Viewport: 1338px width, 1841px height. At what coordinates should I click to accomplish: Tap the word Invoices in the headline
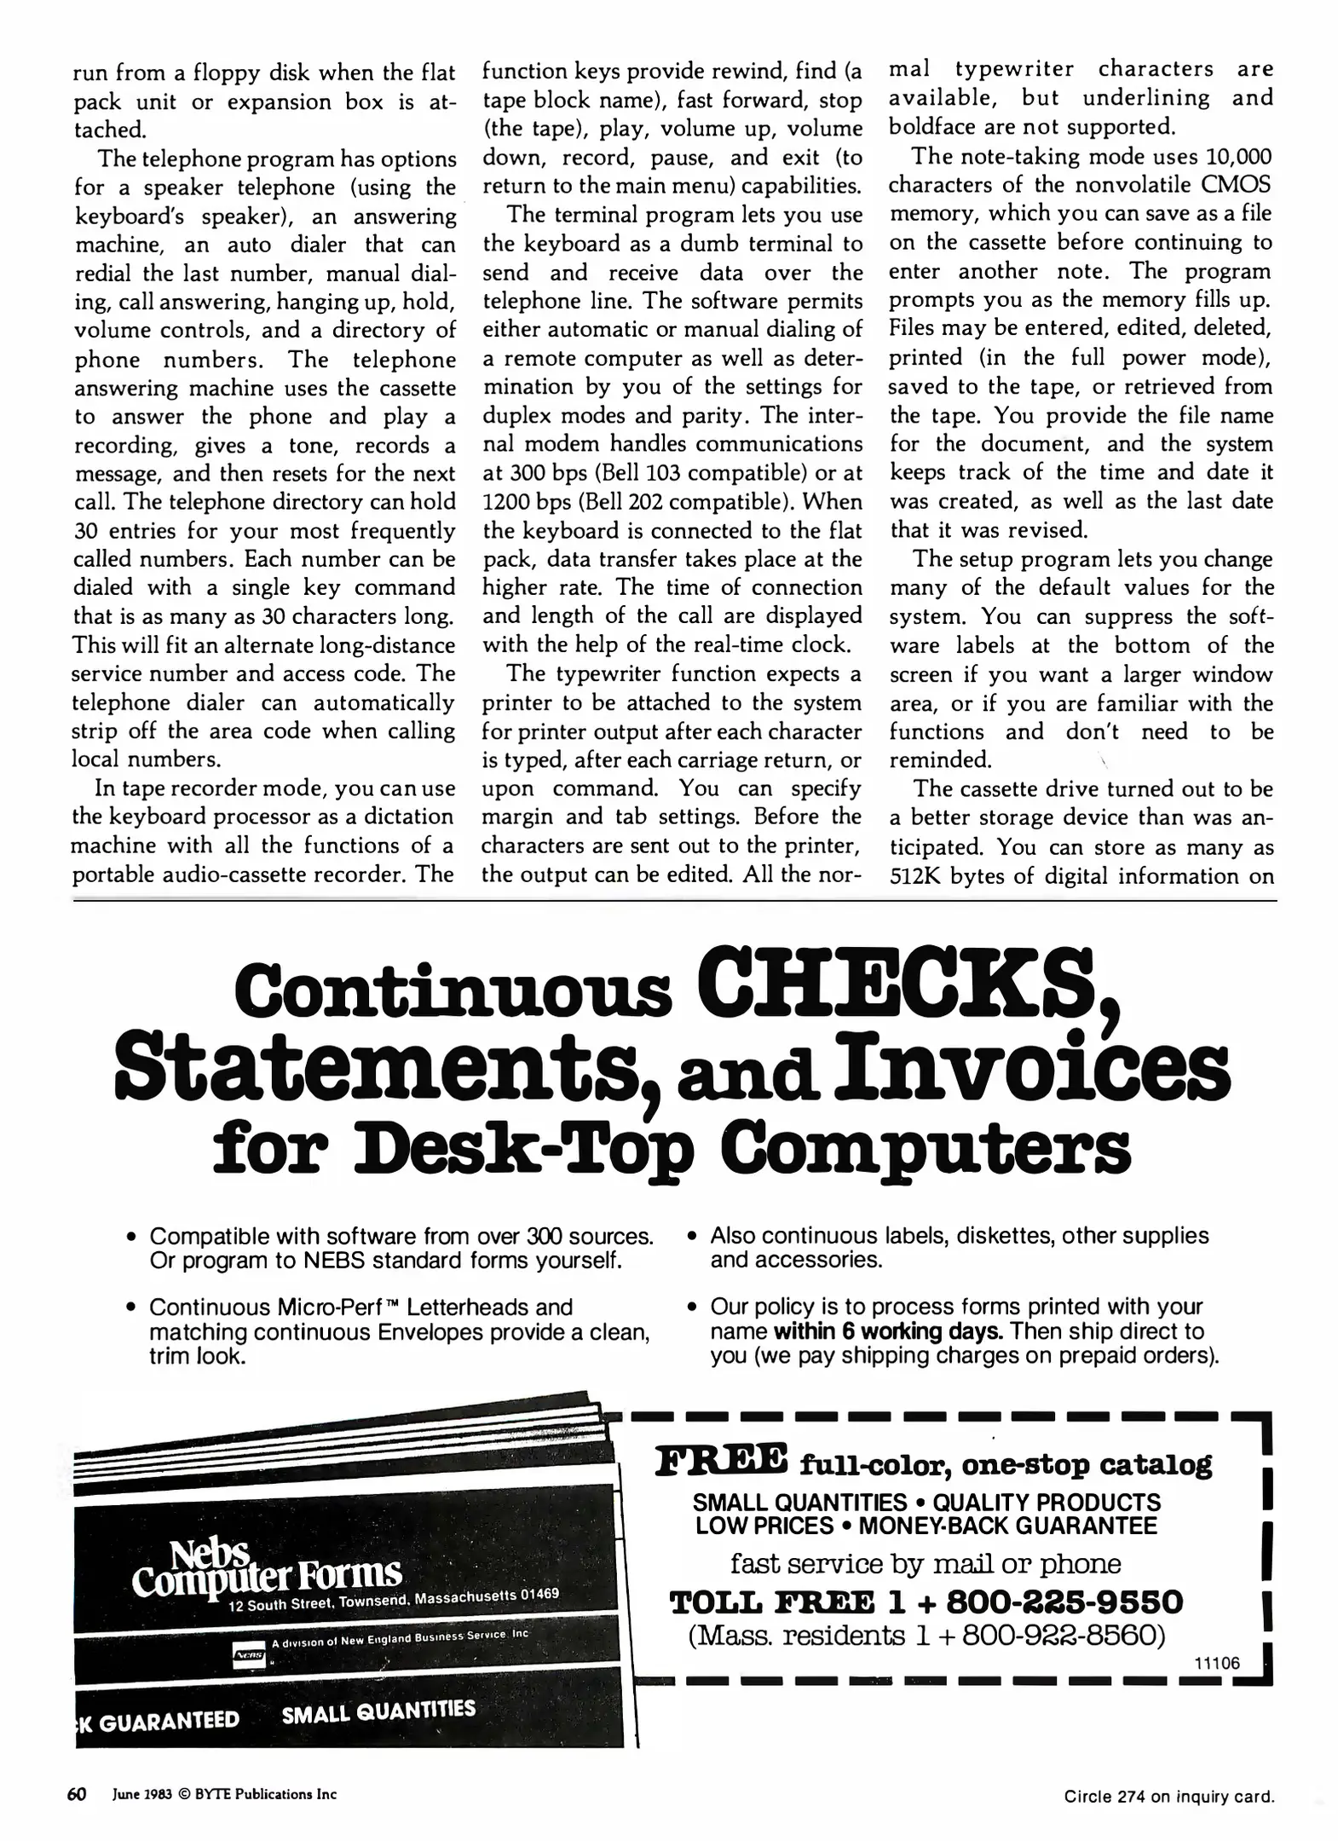pyautogui.click(x=1032, y=1068)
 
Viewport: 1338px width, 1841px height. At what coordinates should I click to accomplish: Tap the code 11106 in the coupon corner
pyautogui.click(x=1217, y=1663)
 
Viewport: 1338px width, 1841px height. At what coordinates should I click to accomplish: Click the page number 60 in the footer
pyautogui.click(x=77, y=1794)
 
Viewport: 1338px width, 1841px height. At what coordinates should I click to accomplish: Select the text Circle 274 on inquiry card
pyautogui.click(x=1168, y=1797)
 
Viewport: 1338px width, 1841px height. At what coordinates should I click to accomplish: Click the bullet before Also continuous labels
pyautogui.click(x=693, y=1237)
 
